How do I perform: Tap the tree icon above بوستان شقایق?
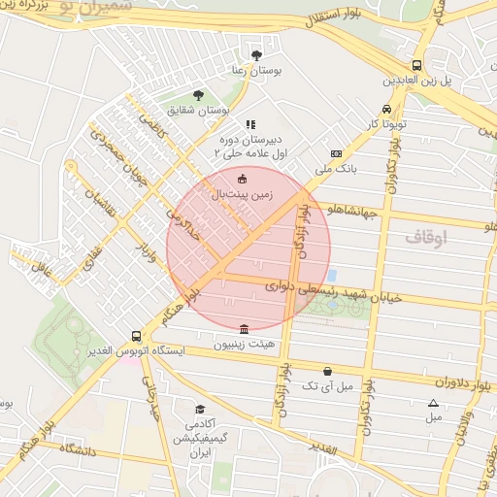tap(199, 95)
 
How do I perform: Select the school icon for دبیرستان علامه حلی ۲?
tap(249, 124)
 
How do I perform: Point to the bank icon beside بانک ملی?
tap(337, 153)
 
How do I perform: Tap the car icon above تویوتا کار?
tap(387, 110)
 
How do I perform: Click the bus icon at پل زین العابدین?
tap(416, 64)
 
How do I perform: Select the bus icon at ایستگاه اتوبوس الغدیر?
tap(136, 336)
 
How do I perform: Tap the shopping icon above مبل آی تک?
tap(327, 371)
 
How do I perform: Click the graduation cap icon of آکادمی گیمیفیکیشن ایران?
tap(200, 410)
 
